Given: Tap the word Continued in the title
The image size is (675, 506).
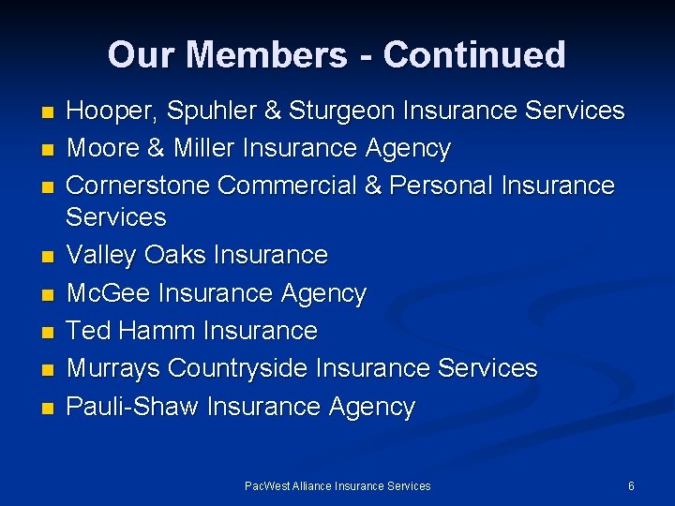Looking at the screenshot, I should pos(474,55).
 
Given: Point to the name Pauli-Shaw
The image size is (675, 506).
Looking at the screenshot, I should pos(132,407).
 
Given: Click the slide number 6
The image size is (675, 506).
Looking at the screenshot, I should pos(631,486).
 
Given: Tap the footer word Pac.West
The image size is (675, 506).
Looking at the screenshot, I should pos(267,486).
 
